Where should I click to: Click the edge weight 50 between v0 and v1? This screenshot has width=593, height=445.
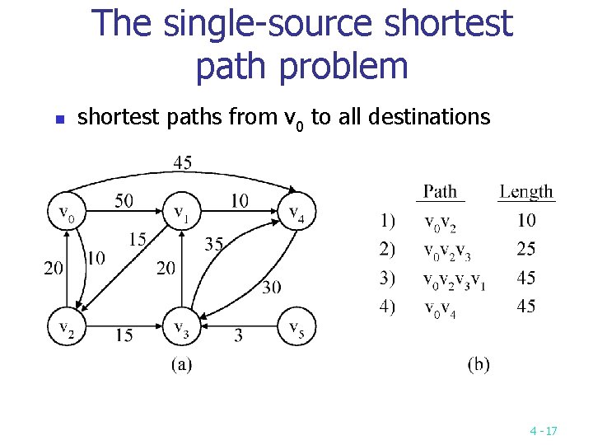[124, 201]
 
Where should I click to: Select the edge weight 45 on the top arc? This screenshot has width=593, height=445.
[183, 162]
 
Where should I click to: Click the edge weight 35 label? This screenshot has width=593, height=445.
[214, 244]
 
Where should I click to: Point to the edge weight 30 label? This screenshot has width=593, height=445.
[271, 288]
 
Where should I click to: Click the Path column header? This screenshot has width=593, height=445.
[440, 191]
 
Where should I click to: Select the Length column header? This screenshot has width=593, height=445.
[526, 191]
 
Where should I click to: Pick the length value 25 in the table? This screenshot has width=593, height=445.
[525, 248]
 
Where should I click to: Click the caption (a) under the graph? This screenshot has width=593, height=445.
[181, 364]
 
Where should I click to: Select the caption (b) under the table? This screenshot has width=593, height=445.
[478, 364]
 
